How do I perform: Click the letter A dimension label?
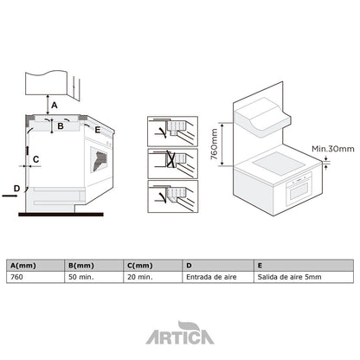tap(55, 105)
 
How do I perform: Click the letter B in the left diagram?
tap(60, 127)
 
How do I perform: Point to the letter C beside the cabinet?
tap(35, 159)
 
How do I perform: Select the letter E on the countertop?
tap(97, 130)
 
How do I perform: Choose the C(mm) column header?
tap(139, 265)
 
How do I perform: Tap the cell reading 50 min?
tap(81, 278)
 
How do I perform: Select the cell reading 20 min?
tap(141, 278)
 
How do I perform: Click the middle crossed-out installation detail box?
tap(170, 161)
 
